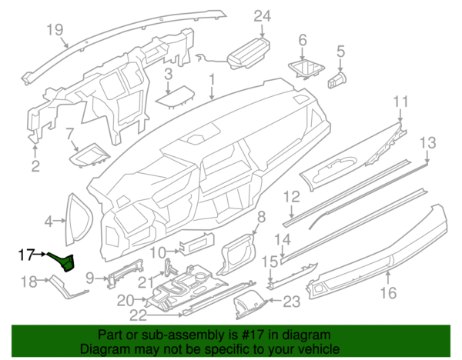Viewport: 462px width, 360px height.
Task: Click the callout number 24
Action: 263,15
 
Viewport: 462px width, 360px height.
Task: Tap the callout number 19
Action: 54,30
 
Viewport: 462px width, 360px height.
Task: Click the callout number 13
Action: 427,142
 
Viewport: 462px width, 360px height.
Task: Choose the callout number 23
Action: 292,302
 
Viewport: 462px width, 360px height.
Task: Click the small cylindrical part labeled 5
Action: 338,78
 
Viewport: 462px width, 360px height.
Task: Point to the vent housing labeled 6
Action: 306,69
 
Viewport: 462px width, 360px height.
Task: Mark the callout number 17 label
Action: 26,252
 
